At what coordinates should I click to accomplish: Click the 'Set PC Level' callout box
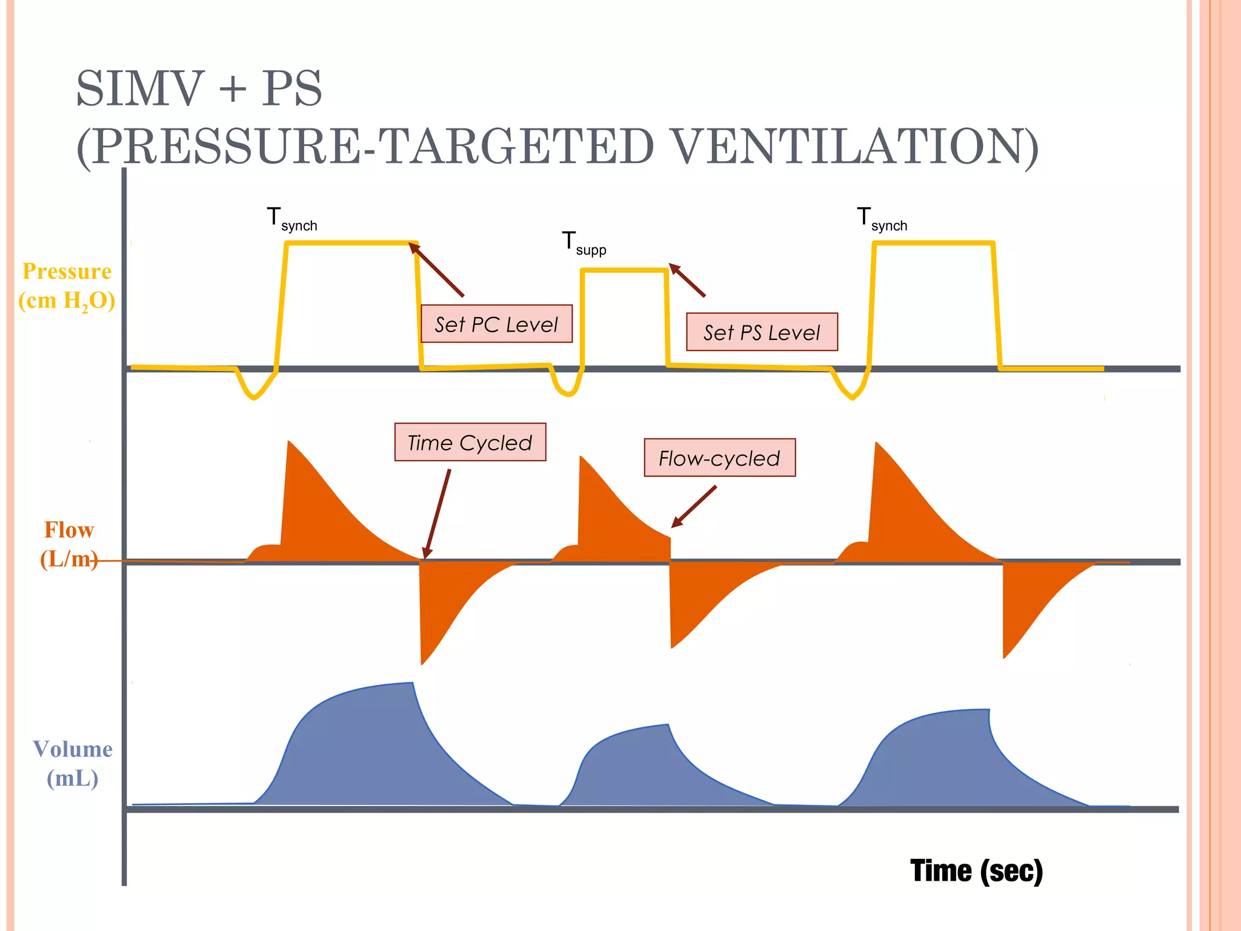(496, 324)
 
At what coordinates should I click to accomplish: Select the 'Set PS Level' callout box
(762, 332)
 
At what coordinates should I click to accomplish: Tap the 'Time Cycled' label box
(470, 442)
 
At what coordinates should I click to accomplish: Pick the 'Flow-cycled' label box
(719, 458)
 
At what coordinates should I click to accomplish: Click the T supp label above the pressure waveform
(583, 244)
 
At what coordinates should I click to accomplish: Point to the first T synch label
(291, 219)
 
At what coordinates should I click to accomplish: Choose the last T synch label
(882, 219)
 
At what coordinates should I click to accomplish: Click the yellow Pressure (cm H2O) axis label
(67, 285)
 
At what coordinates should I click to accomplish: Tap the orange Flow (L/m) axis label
(68, 544)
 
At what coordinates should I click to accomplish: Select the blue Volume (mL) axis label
(72, 763)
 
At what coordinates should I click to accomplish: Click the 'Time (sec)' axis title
(976, 871)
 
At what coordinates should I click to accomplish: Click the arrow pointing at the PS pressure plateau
(687, 280)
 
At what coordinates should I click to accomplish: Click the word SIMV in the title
(139, 88)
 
